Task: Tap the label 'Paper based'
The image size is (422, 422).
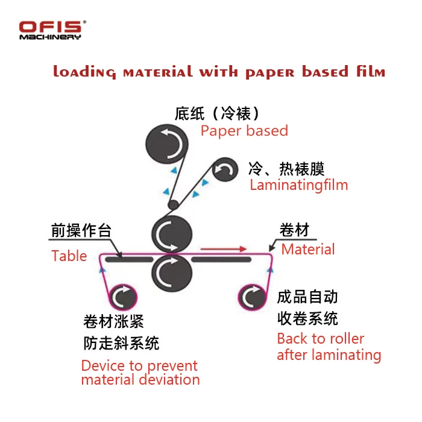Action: (x=244, y=131)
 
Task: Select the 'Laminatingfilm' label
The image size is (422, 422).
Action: (x=299, y=184)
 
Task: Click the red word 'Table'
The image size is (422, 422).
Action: (x=69, y=256)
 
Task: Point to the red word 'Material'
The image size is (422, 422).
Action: (x=308, y=249)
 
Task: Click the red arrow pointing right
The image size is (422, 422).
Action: (x=224, y=248)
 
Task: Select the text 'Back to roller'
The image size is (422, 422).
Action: (x=321, y=339)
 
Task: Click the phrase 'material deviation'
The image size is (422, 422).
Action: (x=140, y=380)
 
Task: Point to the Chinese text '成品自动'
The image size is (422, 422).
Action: (x=307, y=297)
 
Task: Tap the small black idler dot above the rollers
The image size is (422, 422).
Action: (x=172, y=205)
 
